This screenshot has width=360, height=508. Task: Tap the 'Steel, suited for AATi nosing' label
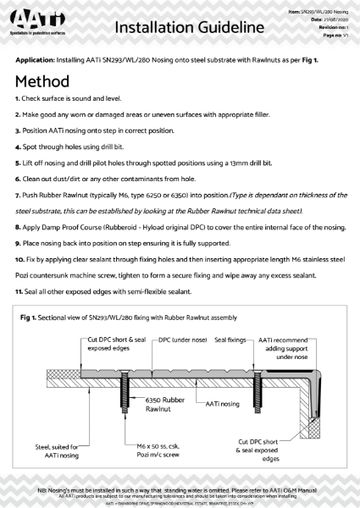coord(58,451)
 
